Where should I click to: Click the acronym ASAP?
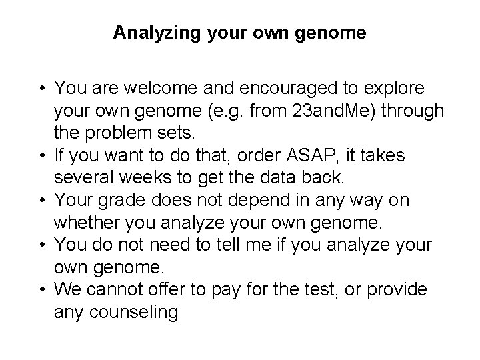click(x=313, y=155)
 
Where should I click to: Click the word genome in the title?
click(x=330, y=32)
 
